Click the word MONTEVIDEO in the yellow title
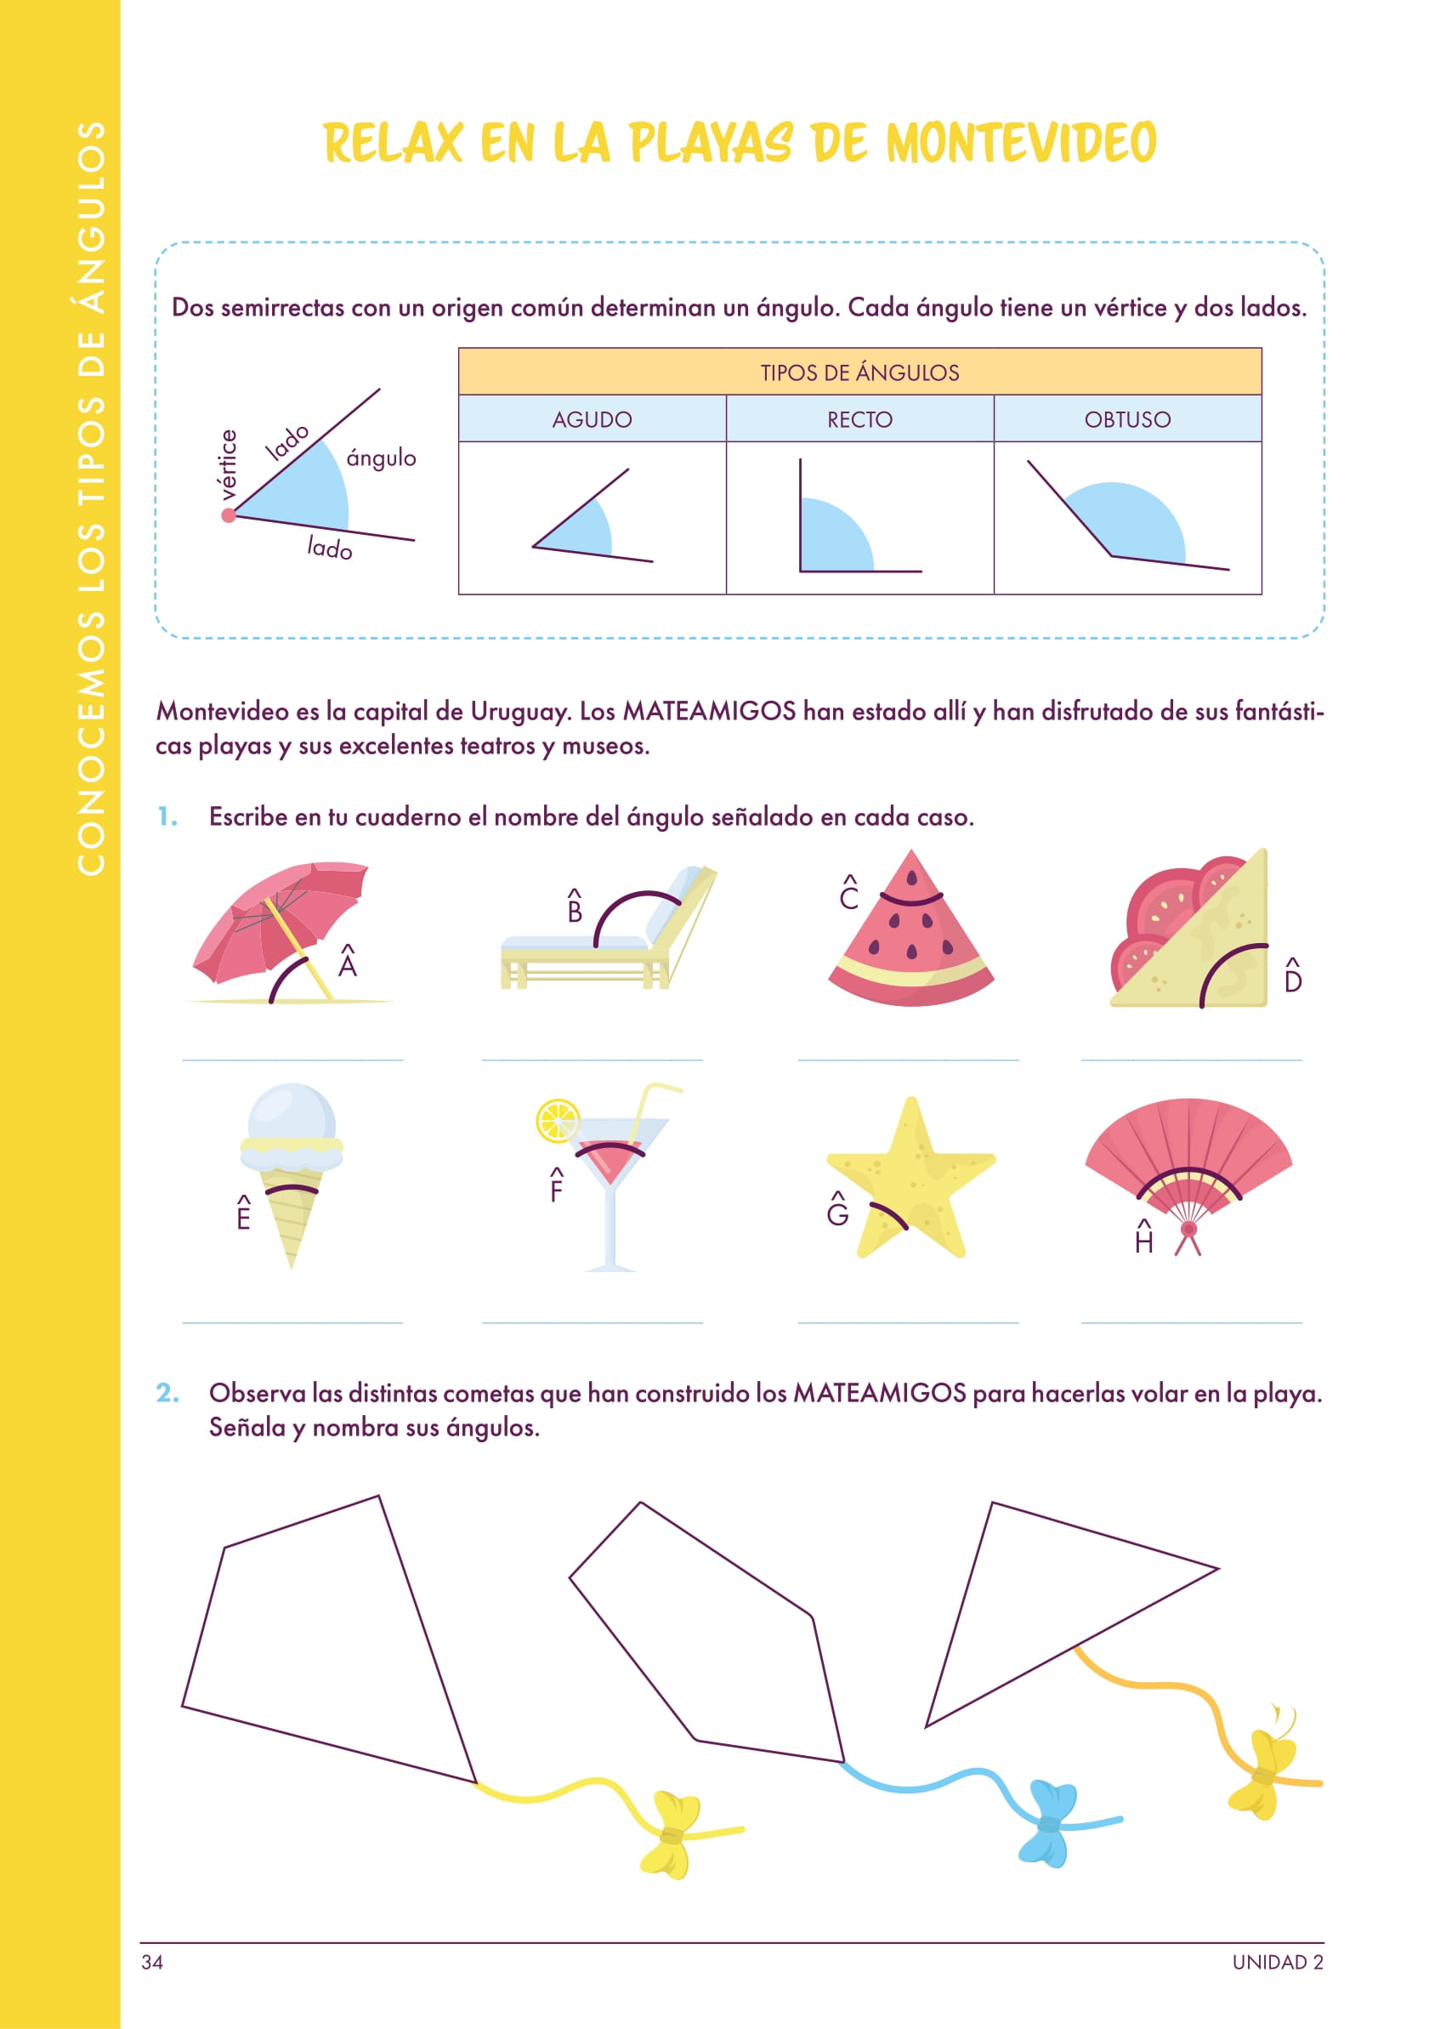[1021, 144]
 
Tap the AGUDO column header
[593, 419]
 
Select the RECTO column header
[859, 419]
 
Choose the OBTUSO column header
[1127, 419]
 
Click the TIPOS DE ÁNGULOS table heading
[859, 372]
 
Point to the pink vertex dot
[229, 514]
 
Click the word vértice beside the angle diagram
[228, 465]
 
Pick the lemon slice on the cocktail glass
[558, 1122]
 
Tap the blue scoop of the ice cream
[292, 1112]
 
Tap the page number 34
[152, 1962]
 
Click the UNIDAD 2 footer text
[1278, 1962]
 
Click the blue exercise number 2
[167, 1392]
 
